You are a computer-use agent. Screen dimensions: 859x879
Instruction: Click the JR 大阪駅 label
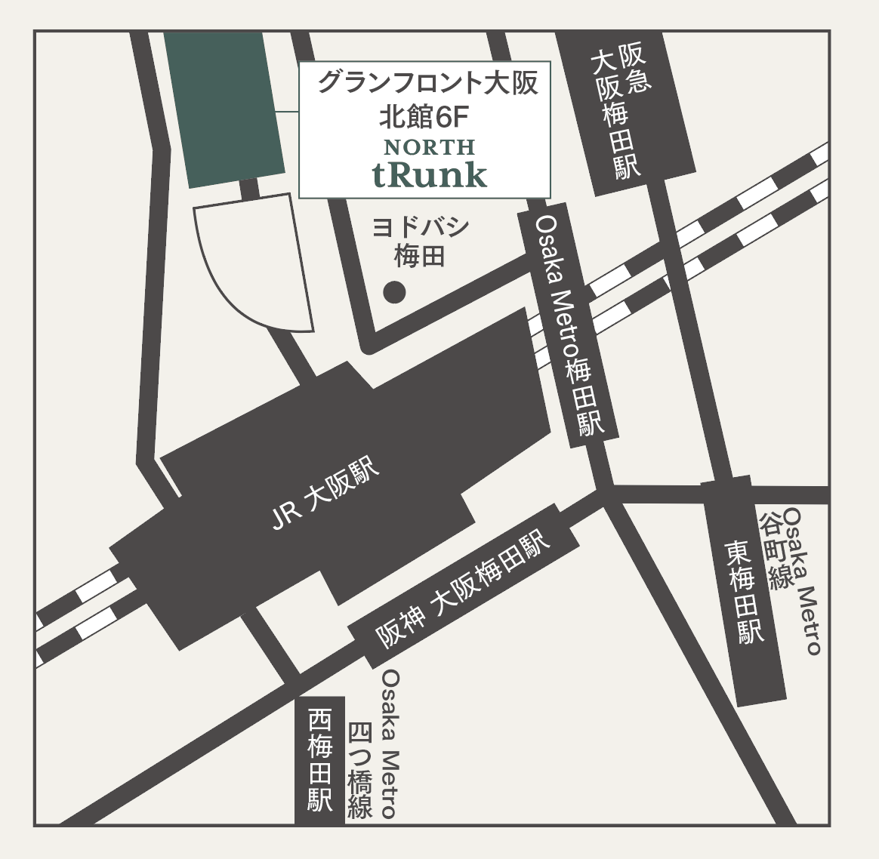point(325,496)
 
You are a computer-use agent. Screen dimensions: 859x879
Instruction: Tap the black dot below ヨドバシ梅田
point(394,291)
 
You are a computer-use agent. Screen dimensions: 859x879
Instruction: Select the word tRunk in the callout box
point(429,175)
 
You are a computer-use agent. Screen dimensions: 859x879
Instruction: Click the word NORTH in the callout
point(429,146)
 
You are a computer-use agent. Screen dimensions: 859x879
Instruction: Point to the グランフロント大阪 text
point(427,82)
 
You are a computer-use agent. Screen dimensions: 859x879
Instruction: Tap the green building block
point(224,109)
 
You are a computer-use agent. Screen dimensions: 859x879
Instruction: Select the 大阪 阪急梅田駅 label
point(621,113)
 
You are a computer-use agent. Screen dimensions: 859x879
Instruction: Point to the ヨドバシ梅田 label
point(421,242)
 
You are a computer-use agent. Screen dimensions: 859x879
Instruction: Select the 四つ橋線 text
point(360,770)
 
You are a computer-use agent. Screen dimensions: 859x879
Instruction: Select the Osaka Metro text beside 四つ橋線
point(389,744)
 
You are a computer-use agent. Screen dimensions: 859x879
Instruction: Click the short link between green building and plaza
point(248,188)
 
